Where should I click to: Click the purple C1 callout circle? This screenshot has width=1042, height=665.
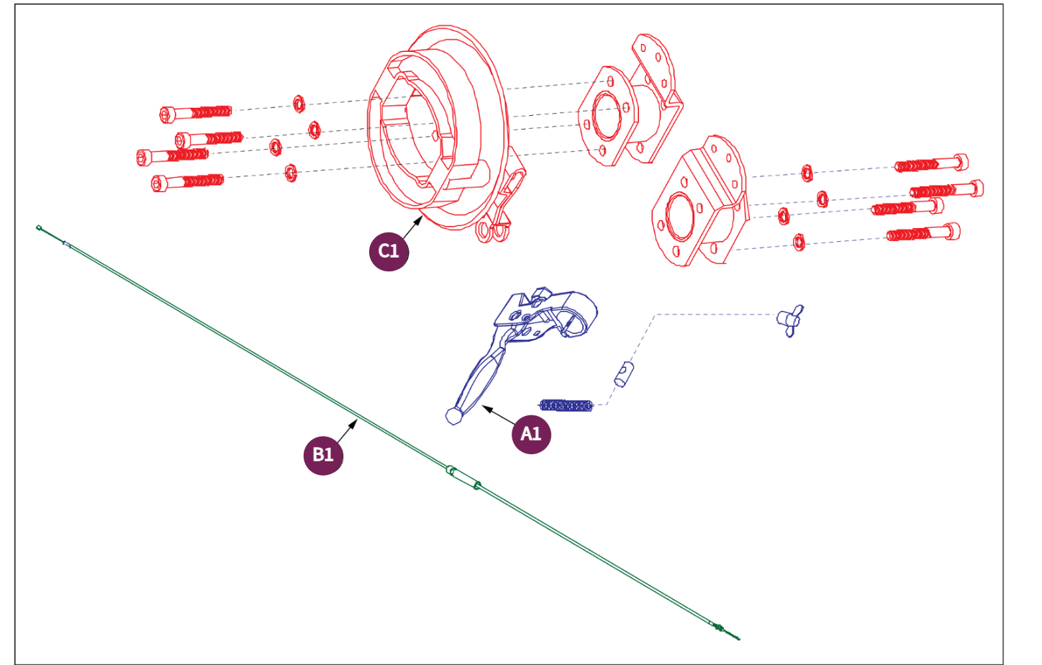(x=389, y=251)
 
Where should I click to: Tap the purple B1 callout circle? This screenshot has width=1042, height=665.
(x=323, y=455)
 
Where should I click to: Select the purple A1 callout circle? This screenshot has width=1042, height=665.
(x=531, y=434)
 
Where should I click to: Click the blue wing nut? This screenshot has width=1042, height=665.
(x=790, y=320)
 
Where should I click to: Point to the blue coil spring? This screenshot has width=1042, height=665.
(x=566, y=405)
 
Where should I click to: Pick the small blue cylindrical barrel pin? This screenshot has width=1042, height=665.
(x=624, y=374)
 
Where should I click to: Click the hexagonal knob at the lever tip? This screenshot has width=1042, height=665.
(x=454, y=415)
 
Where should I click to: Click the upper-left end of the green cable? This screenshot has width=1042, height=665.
(x=40, y=228)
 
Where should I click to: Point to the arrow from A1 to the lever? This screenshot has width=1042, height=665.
(x=498, y=415)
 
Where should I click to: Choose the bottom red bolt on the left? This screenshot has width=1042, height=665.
(x=188, y=181)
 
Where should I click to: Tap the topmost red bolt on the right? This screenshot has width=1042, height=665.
(x=931, y=164)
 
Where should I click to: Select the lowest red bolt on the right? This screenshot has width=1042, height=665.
(x=923, y=233)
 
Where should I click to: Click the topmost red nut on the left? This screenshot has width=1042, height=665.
(x=298, y=104)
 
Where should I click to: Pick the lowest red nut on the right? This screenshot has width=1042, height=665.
(x=799, y=242)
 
